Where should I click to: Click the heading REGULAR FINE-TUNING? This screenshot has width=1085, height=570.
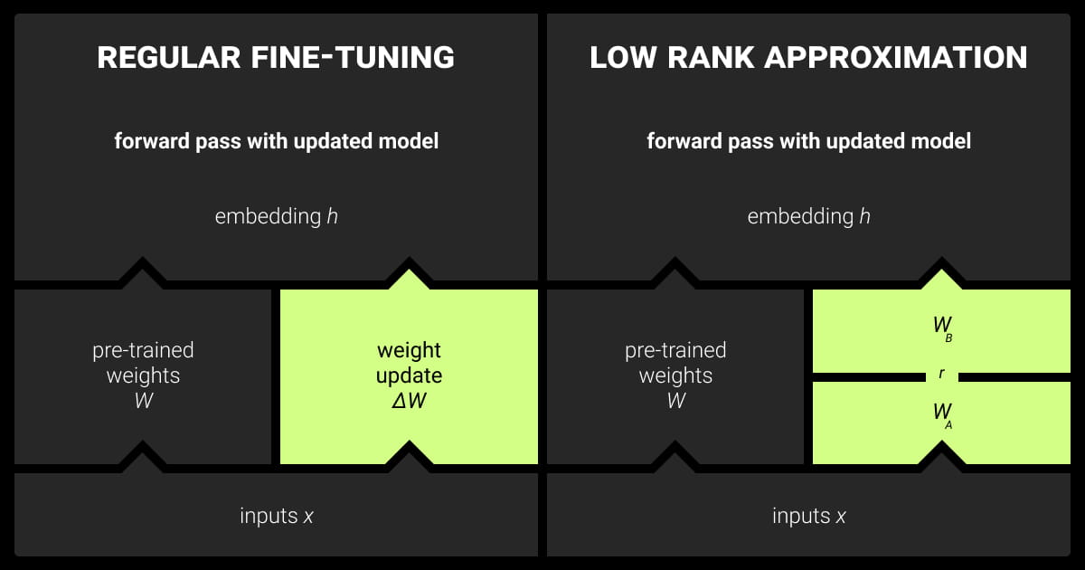coord(276,58)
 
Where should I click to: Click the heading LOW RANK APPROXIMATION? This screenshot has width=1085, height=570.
coord(808,58)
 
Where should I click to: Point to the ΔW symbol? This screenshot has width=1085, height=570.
coord(409,401)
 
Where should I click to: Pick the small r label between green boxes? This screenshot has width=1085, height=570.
coord(941,373)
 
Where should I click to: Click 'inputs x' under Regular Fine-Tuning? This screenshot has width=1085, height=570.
coord(277,516)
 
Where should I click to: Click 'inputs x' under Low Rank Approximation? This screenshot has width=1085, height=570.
coord(809,516)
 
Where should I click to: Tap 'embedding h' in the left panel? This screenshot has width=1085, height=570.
coord(277,217)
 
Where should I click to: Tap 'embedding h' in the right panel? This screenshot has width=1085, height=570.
coord(809,217)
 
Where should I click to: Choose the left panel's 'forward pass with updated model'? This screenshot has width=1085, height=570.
coord(277,142)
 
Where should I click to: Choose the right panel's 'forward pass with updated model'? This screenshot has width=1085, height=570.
coord(809,142)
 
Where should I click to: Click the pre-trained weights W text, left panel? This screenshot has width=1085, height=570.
coord(143,375)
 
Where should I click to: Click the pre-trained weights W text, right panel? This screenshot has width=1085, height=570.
coord(675,375)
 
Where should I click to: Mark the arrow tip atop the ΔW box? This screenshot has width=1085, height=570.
coord(409,271)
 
